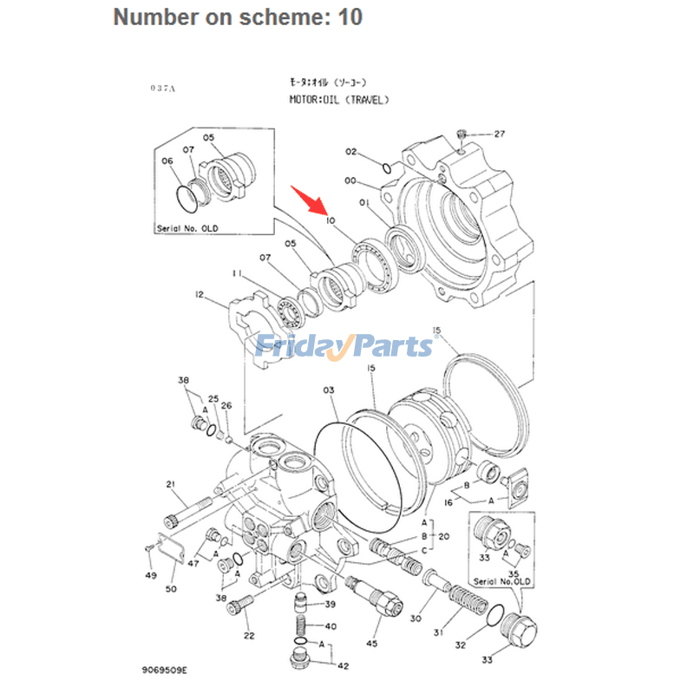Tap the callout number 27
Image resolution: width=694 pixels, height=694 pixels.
[499, 134]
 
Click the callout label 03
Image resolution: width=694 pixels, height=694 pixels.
[328, 391]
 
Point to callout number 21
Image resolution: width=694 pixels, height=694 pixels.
[171, 484]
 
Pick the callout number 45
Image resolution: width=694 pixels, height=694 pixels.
[372, 644]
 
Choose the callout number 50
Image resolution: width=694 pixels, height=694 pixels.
[171, 590]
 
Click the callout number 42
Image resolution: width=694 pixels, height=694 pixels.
[343, 666]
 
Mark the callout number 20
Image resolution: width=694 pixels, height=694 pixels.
[444, 537]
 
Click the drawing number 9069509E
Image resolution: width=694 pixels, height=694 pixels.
[165, 671]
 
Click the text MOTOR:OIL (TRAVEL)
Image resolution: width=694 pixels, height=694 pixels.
[339, 100]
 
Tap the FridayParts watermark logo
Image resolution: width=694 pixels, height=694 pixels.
[344, 346]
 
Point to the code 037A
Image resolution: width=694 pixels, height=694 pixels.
[162, 88]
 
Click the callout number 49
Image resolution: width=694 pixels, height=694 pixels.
[151, 575]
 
